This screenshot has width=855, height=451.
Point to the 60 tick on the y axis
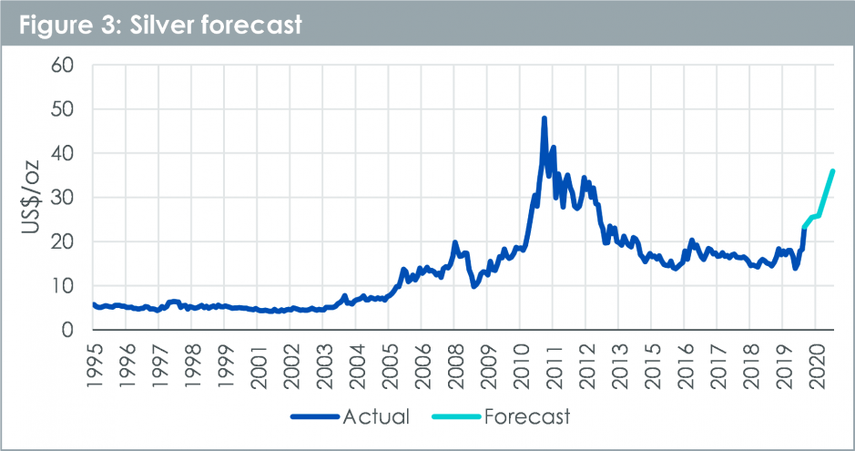tap(72, 66)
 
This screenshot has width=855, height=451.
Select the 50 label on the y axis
tap(72, 109)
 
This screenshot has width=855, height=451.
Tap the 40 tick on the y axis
tap(72, 154)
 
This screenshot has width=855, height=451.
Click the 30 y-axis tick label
tap(72, 198)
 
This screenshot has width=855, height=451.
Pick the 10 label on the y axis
tap(72, 286)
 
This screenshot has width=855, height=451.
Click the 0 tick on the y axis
tap(78, 330)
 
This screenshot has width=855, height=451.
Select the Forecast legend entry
tap(525, 417)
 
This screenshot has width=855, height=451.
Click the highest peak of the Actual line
tap(545, 118)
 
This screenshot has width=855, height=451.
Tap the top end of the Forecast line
tap(832, 171)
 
